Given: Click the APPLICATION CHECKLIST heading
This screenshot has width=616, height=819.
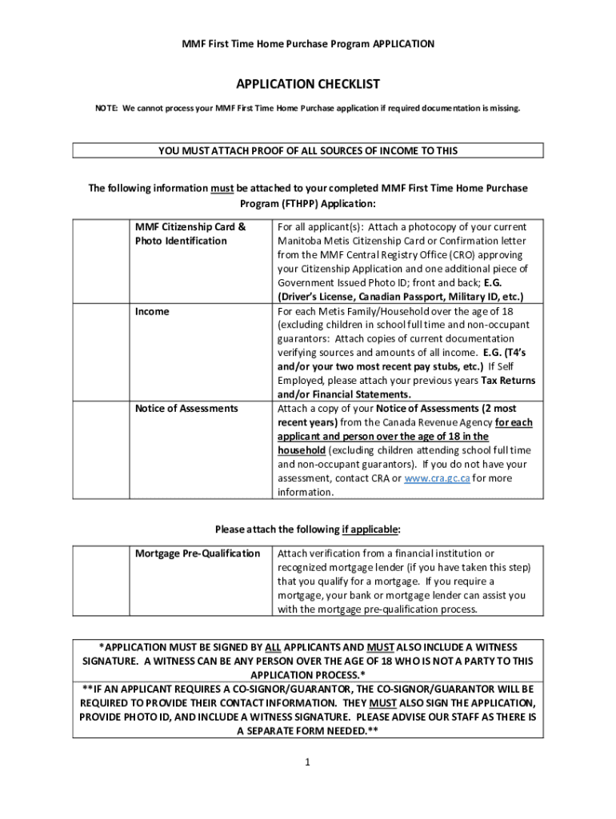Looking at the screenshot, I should [x=307, y=84].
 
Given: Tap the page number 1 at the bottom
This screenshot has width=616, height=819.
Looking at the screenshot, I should [x=307, y=762].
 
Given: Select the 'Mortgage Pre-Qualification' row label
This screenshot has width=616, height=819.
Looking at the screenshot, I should [x=198, y=553].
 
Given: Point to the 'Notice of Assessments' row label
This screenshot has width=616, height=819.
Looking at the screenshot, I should [x=186, y=409].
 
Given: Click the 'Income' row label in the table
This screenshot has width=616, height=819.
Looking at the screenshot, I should [x=152, y=312].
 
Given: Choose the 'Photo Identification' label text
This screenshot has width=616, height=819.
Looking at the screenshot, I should [x=181, y=241].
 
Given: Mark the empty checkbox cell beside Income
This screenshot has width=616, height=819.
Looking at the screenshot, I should [x=101, y=352].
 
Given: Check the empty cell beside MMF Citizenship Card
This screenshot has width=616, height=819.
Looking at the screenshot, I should [x=101, y=261].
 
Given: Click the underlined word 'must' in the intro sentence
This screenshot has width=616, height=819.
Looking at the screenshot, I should [x=222, y=189].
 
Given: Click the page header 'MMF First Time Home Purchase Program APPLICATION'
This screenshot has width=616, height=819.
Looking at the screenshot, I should [x=307, y=44].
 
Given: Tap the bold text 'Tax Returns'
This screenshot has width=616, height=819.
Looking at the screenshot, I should [x=508, y=381].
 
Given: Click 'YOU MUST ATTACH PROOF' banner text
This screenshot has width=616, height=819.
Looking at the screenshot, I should [x=307, y=150].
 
